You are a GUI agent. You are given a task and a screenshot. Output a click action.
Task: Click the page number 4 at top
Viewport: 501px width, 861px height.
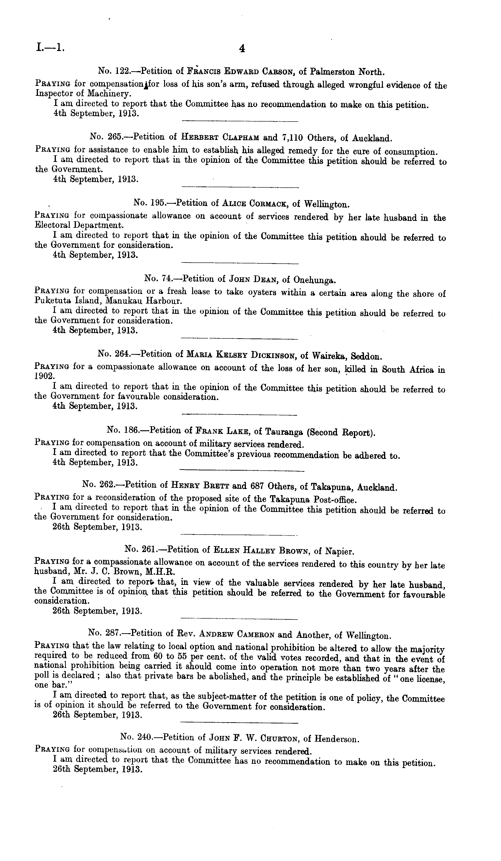pyautogui.click(x=242, y=49)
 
